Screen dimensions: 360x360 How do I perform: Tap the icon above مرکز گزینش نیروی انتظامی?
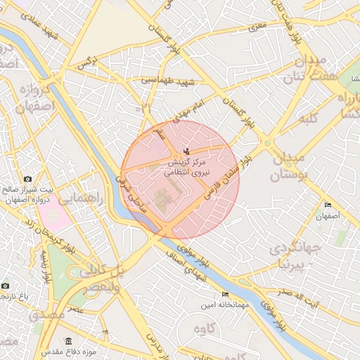(186, 151)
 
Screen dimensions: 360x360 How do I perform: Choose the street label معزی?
(259, 26)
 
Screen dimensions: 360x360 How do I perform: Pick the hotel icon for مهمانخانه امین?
(224, 293)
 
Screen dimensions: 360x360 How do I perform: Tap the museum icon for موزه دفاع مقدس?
(34, 349)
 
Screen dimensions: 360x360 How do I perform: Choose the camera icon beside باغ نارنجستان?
(6, 286)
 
